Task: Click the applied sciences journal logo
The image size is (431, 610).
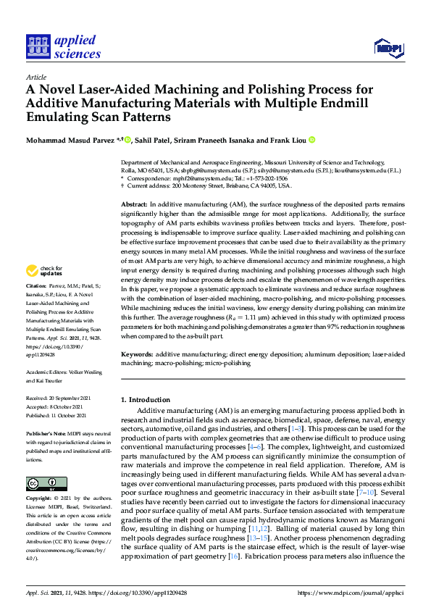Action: [63, 46]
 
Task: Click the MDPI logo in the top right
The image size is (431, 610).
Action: [388, 48]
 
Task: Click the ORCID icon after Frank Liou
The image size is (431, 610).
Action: [312, 140]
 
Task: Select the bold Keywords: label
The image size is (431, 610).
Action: [137, 354]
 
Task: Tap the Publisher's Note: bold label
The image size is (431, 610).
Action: [45, 433]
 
